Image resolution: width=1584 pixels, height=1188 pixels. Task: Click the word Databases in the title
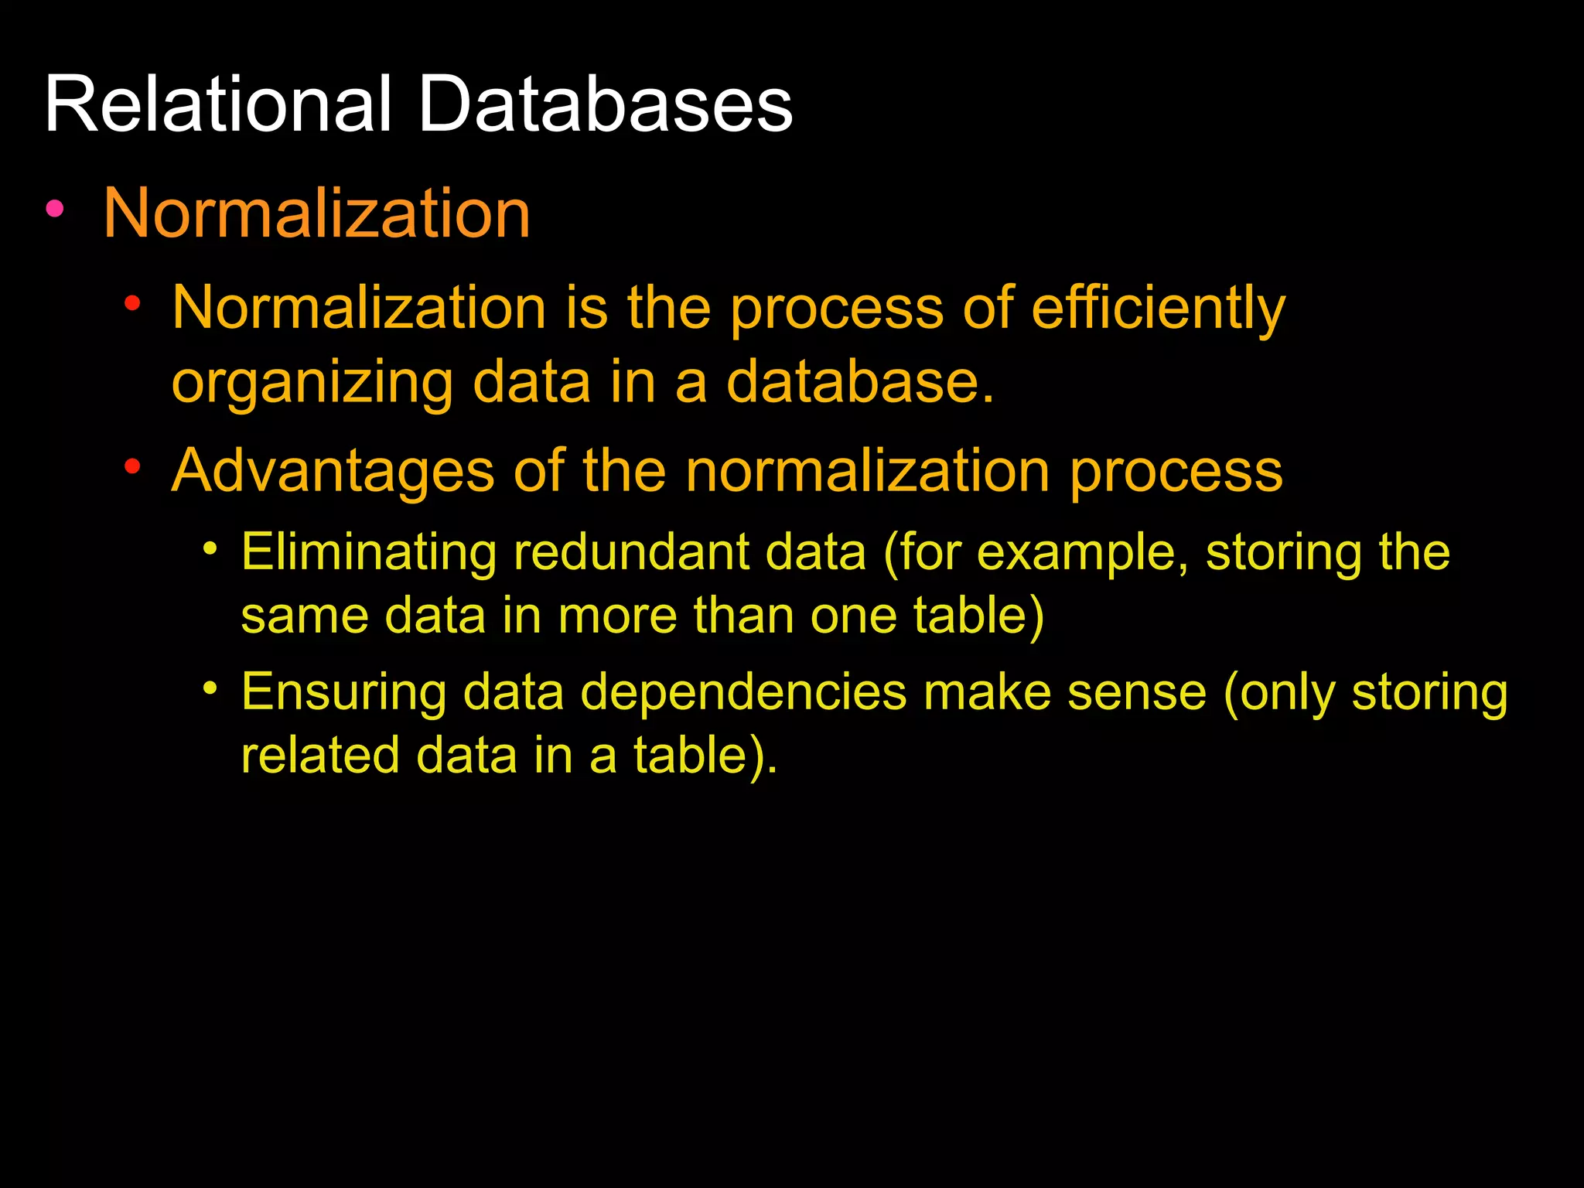coord(605,105)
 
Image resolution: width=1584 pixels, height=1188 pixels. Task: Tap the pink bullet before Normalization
coord(54,208)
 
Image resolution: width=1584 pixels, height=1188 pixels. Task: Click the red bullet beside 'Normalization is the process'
coord(133,303)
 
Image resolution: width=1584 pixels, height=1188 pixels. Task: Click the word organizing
coord(312,383)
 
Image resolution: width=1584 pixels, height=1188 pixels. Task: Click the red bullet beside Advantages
coord(133,466)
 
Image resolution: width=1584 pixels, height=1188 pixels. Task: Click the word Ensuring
coord(343,693)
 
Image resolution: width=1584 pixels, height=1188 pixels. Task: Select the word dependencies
coord(742,693)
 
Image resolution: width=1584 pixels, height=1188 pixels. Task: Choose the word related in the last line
coord(319,756)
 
